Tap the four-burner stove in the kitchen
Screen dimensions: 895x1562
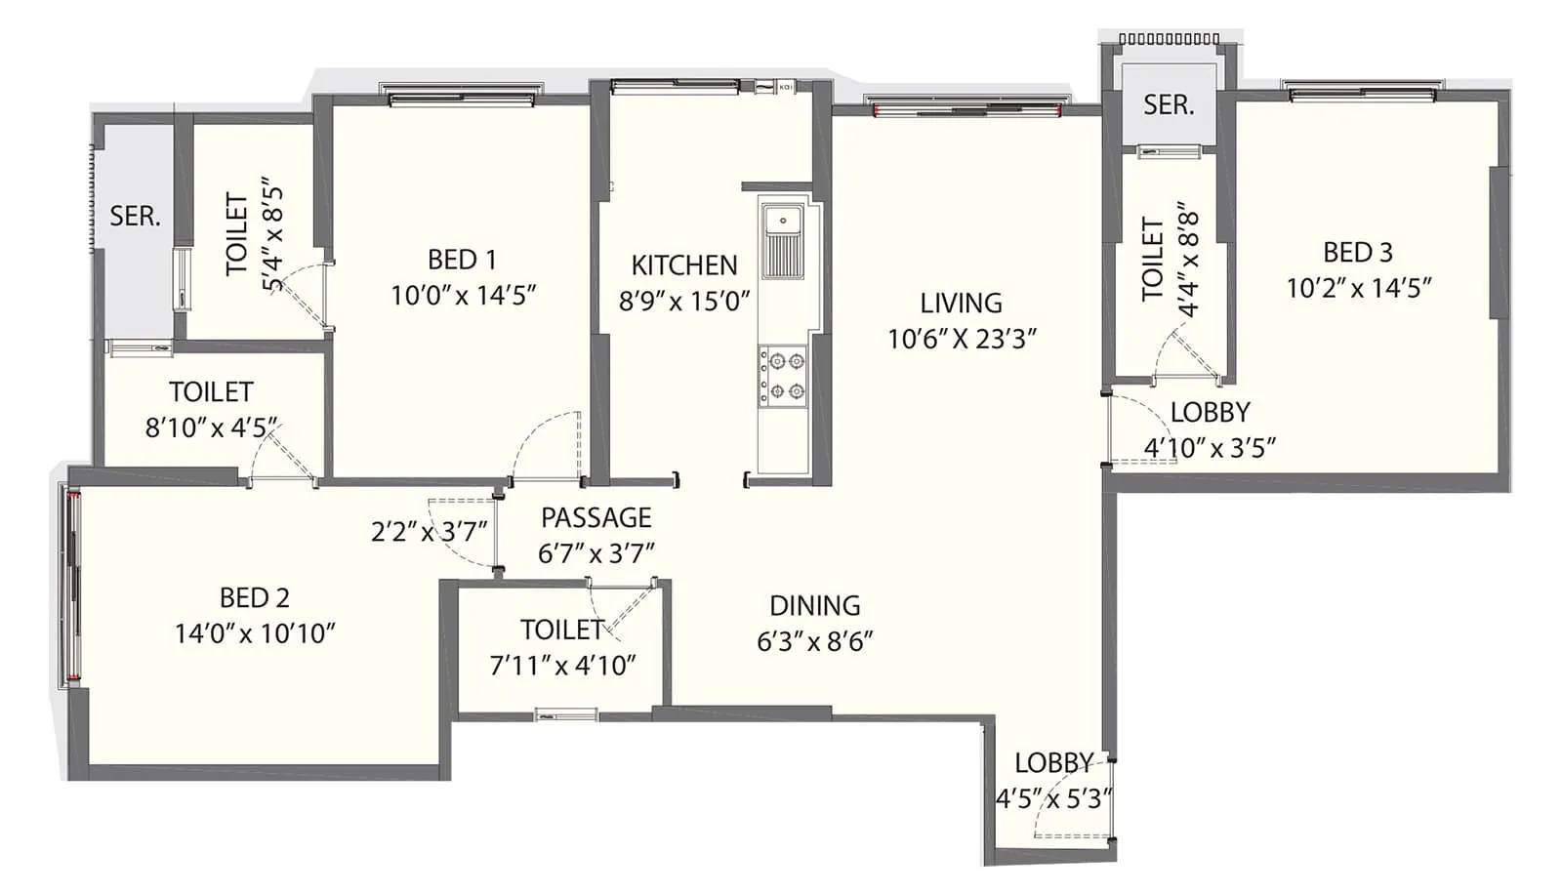[784, 376]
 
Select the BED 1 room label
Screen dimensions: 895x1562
[462, 260]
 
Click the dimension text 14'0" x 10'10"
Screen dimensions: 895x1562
[255, 633]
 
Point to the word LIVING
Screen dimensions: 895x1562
[961, 303]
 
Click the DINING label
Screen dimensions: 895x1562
[814, 605]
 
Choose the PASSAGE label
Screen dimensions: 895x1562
[596, 517]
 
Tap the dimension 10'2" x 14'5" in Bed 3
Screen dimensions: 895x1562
[1358, 288]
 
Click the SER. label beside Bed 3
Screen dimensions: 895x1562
[1169, 104]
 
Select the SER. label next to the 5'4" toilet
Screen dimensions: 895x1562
[135, 216]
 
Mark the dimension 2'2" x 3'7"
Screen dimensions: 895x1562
[429, 532]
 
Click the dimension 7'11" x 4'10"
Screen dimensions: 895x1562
[562, 666]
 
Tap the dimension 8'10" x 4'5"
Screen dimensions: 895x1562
[211, 427]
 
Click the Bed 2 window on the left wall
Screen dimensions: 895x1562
[73, 584]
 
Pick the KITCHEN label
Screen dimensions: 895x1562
[683, 264]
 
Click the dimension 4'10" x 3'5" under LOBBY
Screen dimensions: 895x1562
[1210, 448]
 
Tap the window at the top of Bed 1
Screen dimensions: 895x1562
[462, 96]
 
